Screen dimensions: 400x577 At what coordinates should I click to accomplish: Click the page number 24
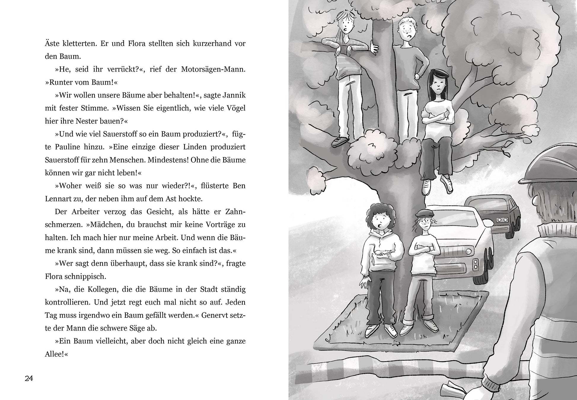(29, 379)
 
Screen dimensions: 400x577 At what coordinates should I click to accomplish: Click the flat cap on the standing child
(423, 213)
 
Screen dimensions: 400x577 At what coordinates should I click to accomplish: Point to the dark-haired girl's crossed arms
(437, 120)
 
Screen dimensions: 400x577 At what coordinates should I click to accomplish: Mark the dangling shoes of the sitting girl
(437, 186)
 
